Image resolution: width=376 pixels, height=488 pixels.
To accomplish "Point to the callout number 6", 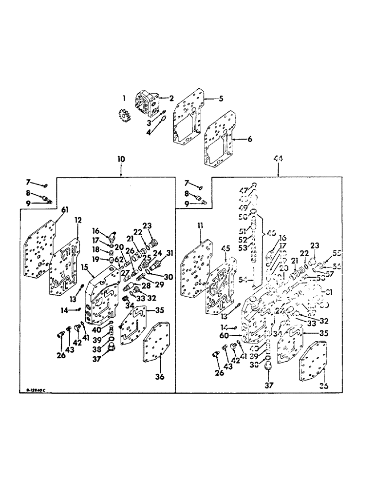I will click(250, 139).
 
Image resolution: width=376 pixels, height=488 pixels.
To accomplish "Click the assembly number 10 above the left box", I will click(121, 159).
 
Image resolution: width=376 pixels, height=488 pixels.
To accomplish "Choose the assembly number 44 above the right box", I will click(279, 159).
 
